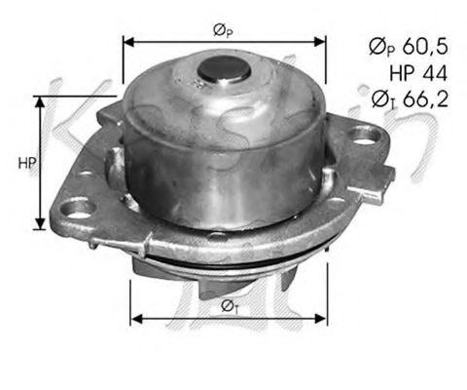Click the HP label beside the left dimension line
25,163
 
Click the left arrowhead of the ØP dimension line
126,42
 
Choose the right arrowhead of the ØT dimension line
326,318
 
